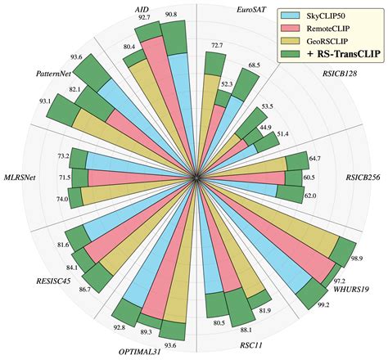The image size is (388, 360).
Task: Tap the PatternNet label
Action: coord(35,73)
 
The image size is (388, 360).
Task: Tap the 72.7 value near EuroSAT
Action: coord(218,46)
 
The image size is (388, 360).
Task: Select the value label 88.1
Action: coord(244,329)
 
